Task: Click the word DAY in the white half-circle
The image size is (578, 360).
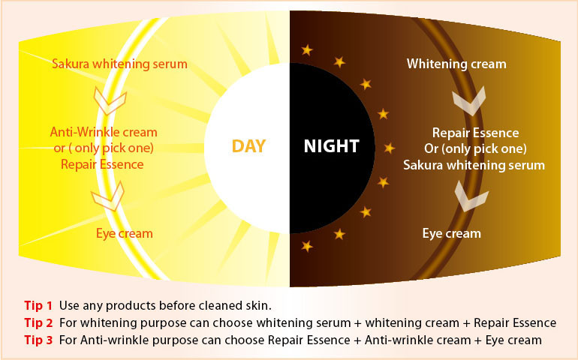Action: (248, 146)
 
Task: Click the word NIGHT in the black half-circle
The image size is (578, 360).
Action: (331, 146)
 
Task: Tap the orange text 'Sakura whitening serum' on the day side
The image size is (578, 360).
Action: (119, 64)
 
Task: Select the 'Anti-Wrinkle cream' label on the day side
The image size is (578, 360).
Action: (104, 132)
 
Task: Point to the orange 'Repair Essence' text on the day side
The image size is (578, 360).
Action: (102, 164)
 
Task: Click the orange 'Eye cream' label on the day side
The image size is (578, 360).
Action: (124, 233)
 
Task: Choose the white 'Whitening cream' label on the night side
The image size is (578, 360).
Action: (456, 64)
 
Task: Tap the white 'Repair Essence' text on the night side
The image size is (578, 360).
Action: (475, 133)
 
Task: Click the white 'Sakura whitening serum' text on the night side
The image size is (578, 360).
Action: (474, 165)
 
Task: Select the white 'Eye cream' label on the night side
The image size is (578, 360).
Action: (452, 233)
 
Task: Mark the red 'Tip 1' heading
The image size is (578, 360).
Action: (38, 305)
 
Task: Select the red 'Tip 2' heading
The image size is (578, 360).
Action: (39, 322)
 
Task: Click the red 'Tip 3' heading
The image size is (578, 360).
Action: (39, 340)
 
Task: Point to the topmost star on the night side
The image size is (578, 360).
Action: (307, 49)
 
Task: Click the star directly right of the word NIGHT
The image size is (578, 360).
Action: (390, 148)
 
